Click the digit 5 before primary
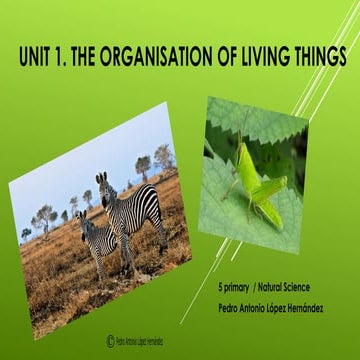(x=233, y=286)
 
